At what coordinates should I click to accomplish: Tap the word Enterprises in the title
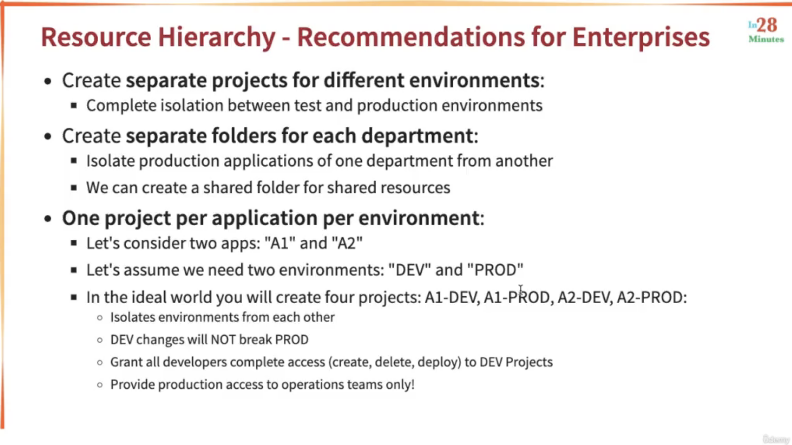[x=640, y=37]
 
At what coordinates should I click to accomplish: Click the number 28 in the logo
[x=767, y=25]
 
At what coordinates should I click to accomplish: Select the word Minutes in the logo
[x=766, y=39]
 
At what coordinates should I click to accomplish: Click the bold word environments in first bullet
[x=474, y=80]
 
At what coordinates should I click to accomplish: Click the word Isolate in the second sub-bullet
[x=110, y=161]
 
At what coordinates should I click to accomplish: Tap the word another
[x=524, y=161]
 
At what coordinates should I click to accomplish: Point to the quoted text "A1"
[x=280, y=243]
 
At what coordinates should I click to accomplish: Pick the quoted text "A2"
[x=347, y=243]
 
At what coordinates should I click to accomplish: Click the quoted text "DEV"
[x=410, y=270]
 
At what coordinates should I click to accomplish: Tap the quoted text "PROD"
[x=495, y=270]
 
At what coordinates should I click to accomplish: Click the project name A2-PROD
[x=650, y=297]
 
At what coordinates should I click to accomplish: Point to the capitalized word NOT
[x=223, y=339]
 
